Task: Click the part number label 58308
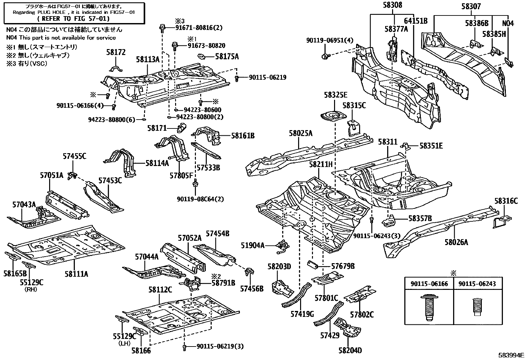tap(393, 6)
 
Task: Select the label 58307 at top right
tap(471, 6)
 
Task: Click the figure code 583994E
tap(510, 356)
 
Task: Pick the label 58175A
tap(227, 57)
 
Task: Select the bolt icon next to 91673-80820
tap(175, 45)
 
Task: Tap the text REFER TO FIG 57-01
tap(74, 18)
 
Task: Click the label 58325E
tap(335, 95)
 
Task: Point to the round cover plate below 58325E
tap(334, 117)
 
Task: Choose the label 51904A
tap(253, 245)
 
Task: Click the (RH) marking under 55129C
tap(31, 290)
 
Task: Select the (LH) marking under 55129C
tap(125, 343)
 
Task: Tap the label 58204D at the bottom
tap(350, 350)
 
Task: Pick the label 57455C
tap(75, 156)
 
